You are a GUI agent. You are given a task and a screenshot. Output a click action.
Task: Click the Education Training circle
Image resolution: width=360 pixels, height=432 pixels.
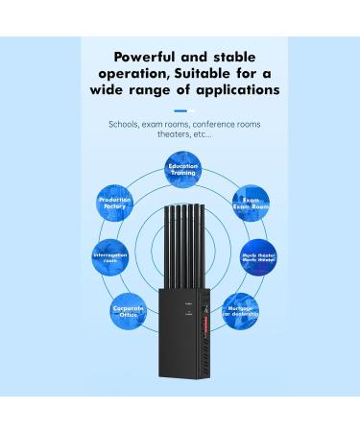pos(181,169)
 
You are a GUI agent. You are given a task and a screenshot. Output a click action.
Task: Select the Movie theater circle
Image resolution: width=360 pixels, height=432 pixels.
pos(259,257)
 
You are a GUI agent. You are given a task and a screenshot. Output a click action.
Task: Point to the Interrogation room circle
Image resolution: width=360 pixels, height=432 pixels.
pos(111,257)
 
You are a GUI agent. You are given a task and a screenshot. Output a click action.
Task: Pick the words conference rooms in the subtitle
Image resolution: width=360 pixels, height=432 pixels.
pos(225,125)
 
